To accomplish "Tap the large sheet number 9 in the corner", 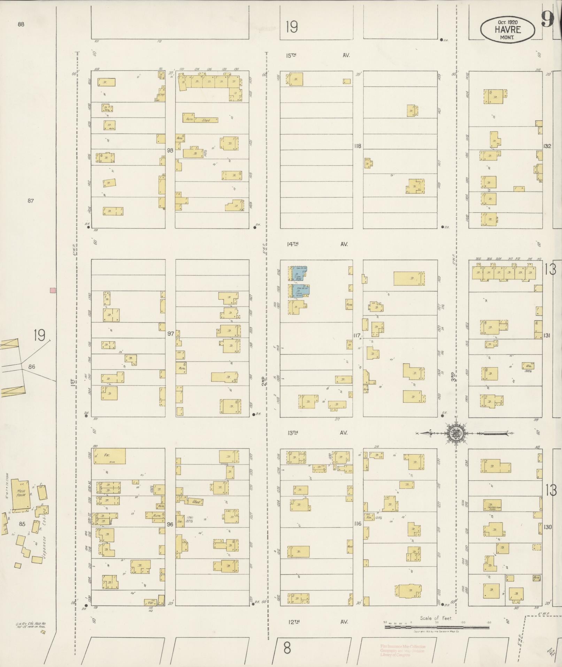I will click(548, 19).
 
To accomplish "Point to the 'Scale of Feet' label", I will click(436, 618).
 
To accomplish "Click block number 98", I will click(170, 150).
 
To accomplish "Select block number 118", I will click(357, 146).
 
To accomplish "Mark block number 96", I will click(170, 524).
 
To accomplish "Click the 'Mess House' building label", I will click(21, 493).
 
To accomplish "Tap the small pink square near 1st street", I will click(53, 290).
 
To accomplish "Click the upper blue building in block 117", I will click(299, 274).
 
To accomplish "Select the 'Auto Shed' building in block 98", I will click(200, 120).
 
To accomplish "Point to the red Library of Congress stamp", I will click(402, 651).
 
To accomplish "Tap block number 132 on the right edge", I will click(547, 146).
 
